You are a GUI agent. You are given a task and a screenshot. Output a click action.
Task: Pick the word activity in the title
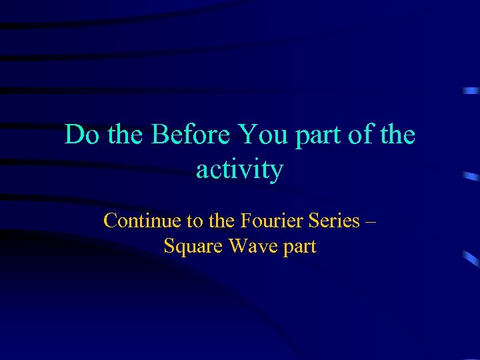pyautogui.click(x=239, y=170)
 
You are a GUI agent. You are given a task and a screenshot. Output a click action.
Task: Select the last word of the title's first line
pyautogui.click(x=399, y=135)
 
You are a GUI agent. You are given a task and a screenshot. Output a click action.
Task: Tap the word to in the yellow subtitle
pyautogui.click(x=185, y=221)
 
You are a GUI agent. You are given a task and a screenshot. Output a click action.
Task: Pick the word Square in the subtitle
pyautogui.click(x=193, y=247)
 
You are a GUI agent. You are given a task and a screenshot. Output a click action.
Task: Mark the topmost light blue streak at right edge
pyautogui.click(x=471, y=90)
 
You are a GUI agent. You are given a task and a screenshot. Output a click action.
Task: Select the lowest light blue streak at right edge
pyautogui.click(x=471, y=257)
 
